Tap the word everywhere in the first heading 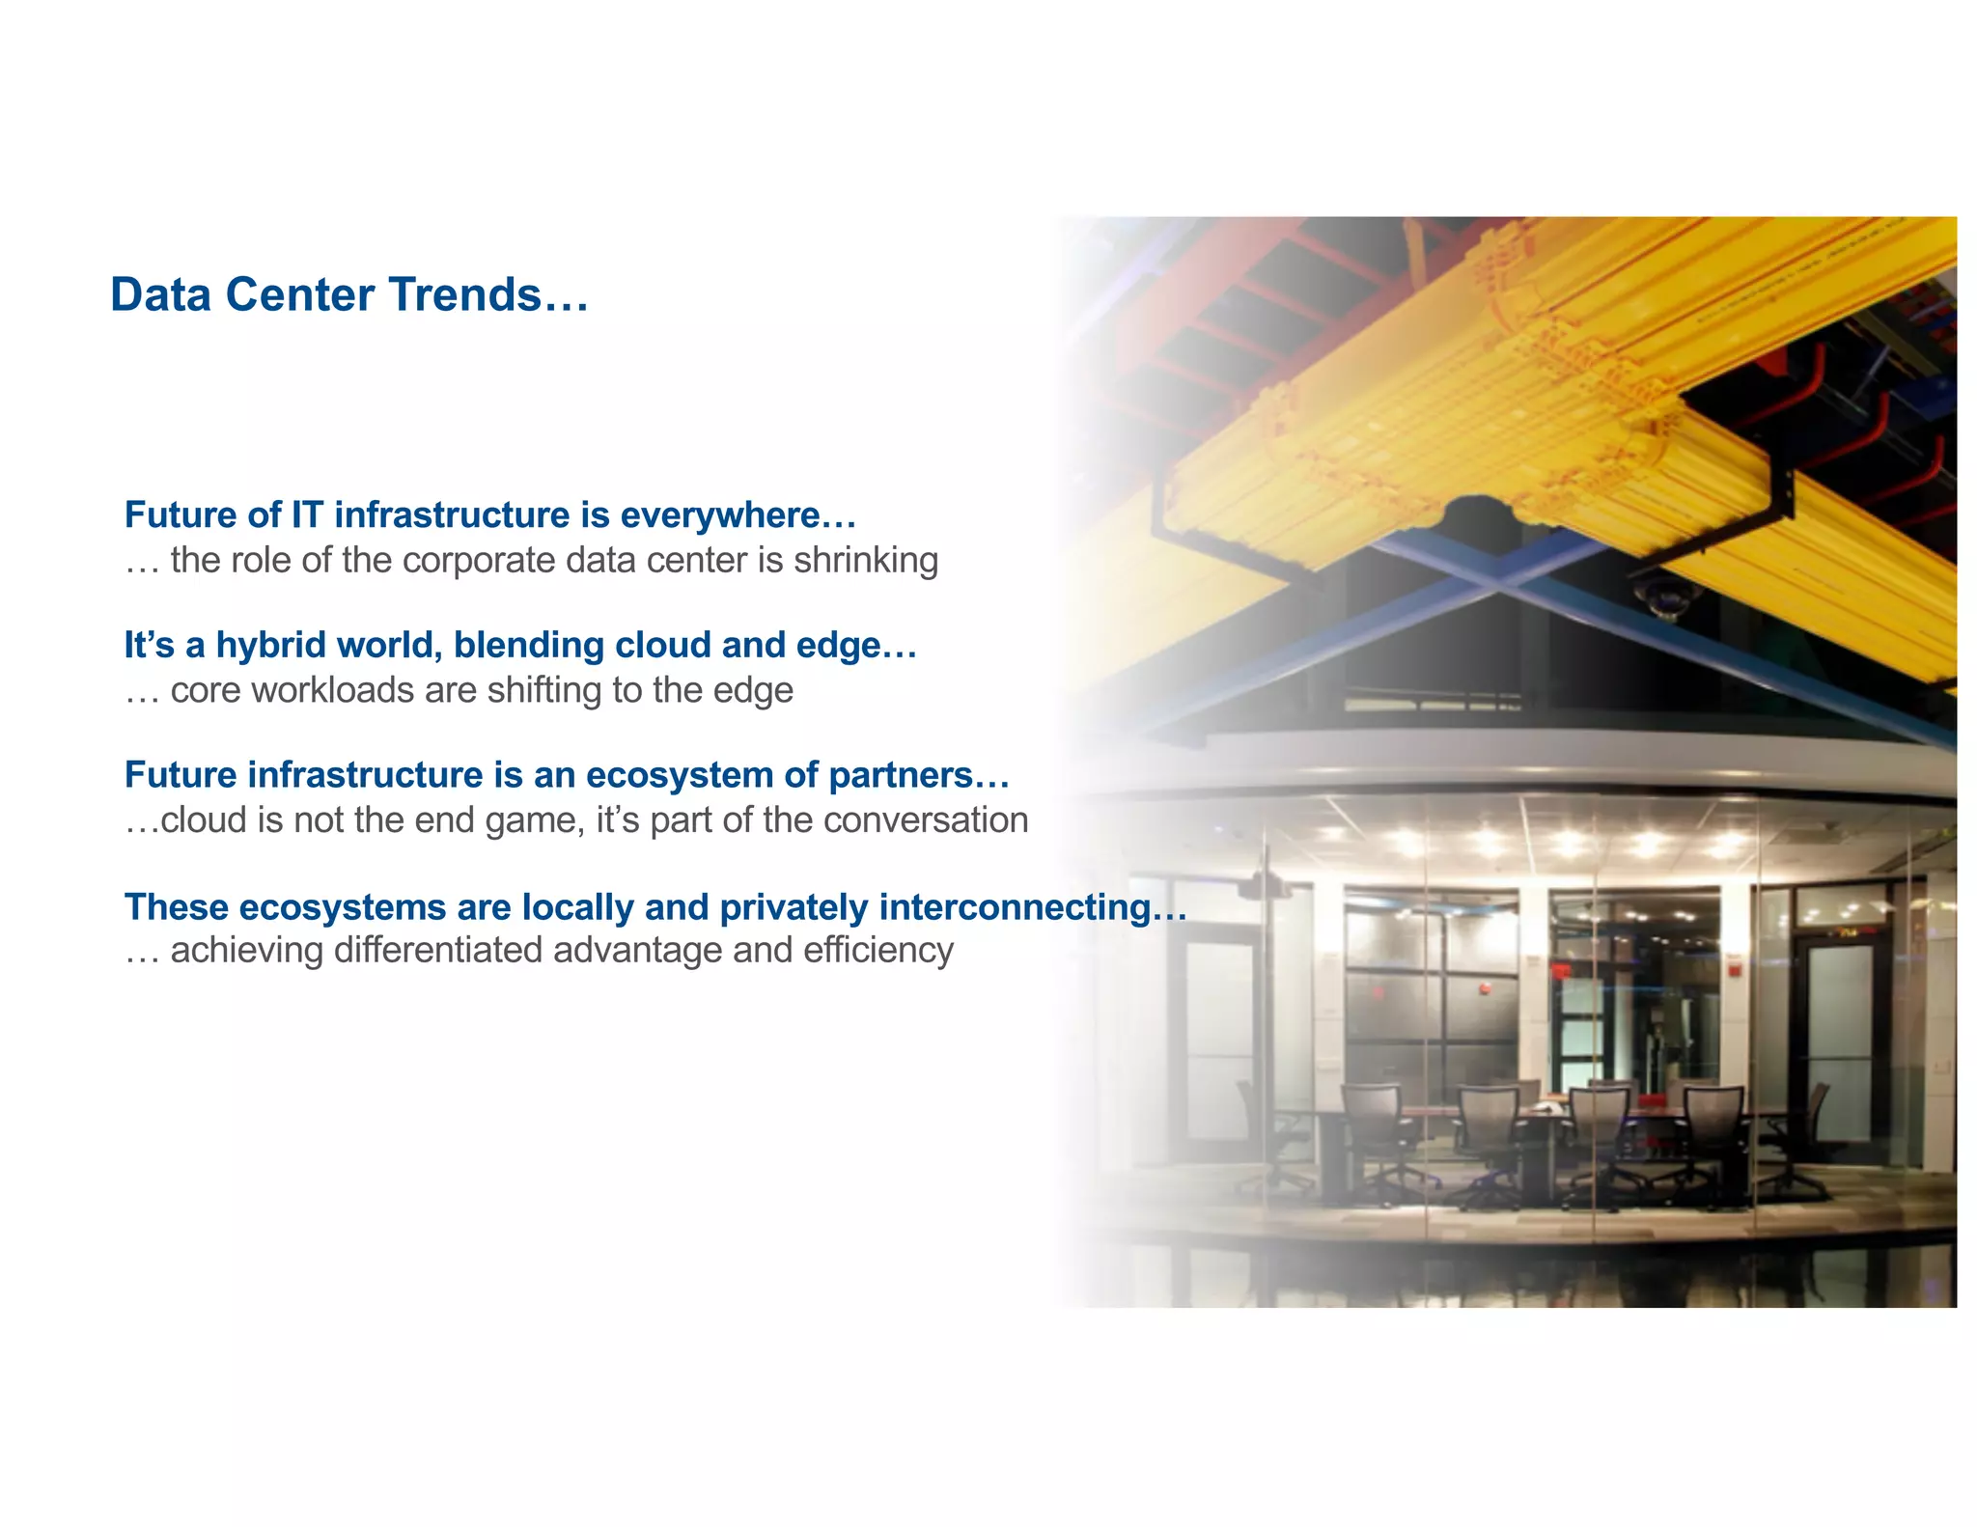[738, 515]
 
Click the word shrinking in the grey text [865, 561]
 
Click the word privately [794, 907]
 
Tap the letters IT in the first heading [307, 515]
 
